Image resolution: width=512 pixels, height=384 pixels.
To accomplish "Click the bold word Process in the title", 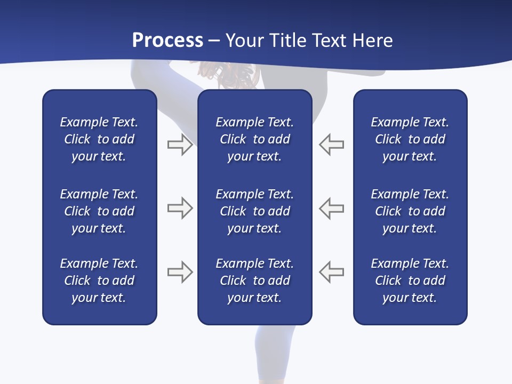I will [167, 41].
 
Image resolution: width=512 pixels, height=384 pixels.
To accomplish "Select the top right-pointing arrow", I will [180, 145].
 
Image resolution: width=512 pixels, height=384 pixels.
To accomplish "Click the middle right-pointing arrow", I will [180, 208].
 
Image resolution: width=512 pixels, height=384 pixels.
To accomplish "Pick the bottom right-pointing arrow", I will [180, 272].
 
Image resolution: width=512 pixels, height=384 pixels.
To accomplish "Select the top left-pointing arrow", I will [331, 145].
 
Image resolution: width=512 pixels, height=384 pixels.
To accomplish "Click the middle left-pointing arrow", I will [331, 208].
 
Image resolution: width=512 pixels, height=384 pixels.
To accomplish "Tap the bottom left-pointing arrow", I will [331, 272].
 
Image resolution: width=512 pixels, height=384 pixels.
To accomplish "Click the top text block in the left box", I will [99, 139].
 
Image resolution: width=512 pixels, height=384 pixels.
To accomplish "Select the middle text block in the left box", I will [99, 211].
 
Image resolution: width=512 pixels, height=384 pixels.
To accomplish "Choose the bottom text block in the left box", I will [99, 281].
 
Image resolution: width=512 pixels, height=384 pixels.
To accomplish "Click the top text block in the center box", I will [254, 139].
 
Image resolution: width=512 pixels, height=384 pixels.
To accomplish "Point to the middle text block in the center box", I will [254, 211].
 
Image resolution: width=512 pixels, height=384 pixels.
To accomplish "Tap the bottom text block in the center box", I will [254, 281].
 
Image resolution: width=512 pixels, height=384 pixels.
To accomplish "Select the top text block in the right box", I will [410, 139].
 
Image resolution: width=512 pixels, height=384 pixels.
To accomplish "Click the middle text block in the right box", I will [410, 211].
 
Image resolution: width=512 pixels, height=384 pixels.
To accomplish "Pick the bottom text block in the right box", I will [410, 281].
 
